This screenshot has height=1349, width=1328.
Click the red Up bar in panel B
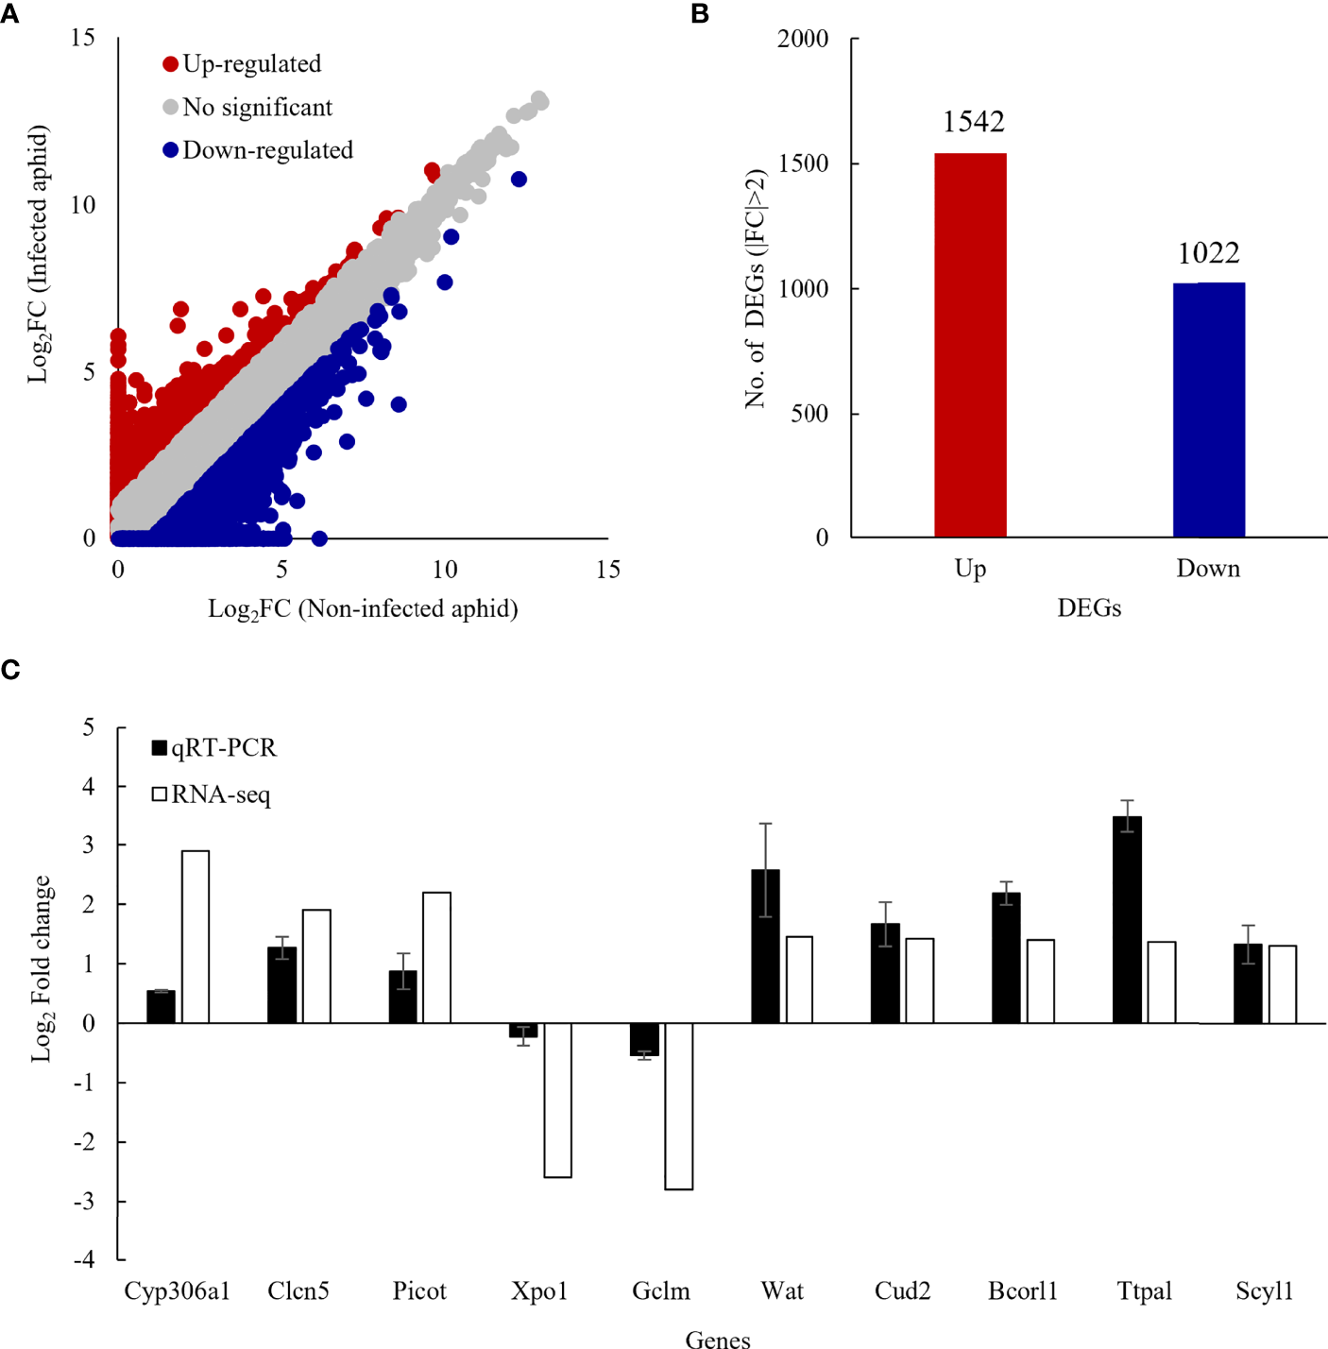(970, 345)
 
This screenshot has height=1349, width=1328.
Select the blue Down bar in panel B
(1208, 410)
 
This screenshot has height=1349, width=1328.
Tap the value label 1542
(973, 122)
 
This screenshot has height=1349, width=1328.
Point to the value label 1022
(1208, 253)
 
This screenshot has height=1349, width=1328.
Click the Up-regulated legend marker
(171, 64)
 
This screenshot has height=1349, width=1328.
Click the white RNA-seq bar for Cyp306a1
(196, 936)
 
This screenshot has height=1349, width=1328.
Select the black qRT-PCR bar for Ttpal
(1127, 919)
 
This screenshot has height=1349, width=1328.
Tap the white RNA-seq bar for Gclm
(678, 1105)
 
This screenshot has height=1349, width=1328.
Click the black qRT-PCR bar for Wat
(765, 946)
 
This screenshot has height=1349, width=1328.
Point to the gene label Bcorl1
(1023, 1290)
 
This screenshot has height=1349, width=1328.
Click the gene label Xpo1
(539, 1290)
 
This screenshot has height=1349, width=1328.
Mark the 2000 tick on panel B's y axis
(803, 39)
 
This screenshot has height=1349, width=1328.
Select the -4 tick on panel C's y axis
(86, 1259)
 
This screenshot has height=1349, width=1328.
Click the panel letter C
(10, 670)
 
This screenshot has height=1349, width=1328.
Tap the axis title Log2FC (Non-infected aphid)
(363, 609)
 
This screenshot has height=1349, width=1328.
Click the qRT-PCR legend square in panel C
(160, 748)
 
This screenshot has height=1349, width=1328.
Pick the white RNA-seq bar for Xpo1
(557, 1100)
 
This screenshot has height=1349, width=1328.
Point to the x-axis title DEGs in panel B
(1089, 608)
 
